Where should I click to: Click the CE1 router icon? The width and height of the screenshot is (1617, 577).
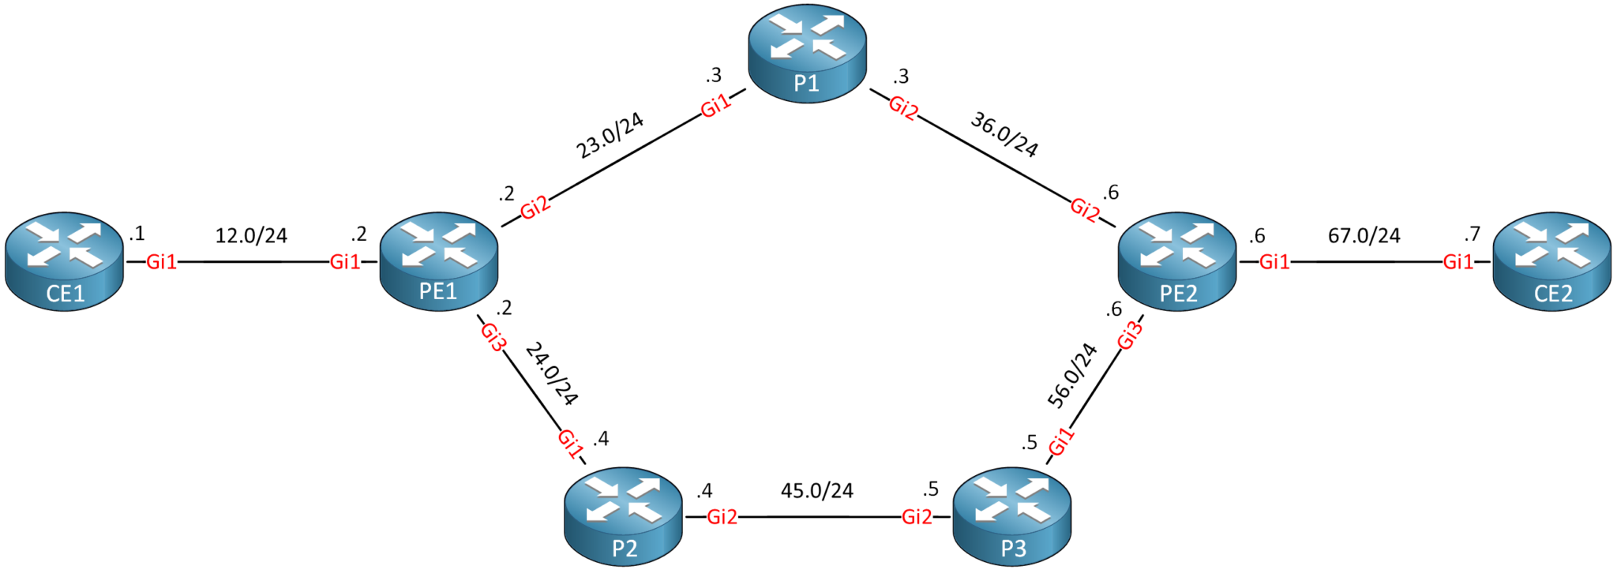(64, 261)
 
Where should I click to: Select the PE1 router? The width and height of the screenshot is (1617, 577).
(439, 261)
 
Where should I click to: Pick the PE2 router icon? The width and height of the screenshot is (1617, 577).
(1177, 261)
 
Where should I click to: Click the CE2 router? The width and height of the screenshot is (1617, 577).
(1551, 261)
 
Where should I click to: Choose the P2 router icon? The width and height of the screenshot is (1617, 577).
(624, 516)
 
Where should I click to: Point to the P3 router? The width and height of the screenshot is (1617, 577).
(1012, 516)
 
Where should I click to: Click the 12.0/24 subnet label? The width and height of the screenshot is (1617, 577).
(251, 235)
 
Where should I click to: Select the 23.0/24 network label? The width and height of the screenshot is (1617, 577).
(610, 135)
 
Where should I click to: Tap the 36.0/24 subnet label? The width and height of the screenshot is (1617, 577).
(1004, 134)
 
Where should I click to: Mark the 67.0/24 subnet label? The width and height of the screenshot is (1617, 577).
(1364, 235)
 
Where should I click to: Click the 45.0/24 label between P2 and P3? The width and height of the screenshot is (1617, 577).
(817, 491)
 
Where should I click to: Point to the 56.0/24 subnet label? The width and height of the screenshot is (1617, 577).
(1071, 376)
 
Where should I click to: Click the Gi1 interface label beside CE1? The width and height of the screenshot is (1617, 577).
(162, 262)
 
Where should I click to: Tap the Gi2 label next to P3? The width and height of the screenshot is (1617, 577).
(917, 517)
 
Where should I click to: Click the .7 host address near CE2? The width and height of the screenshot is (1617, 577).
(1472, 234)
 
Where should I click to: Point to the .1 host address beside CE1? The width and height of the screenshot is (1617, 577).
(137, 234)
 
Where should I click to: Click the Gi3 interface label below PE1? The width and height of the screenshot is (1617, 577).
(493, 337)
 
